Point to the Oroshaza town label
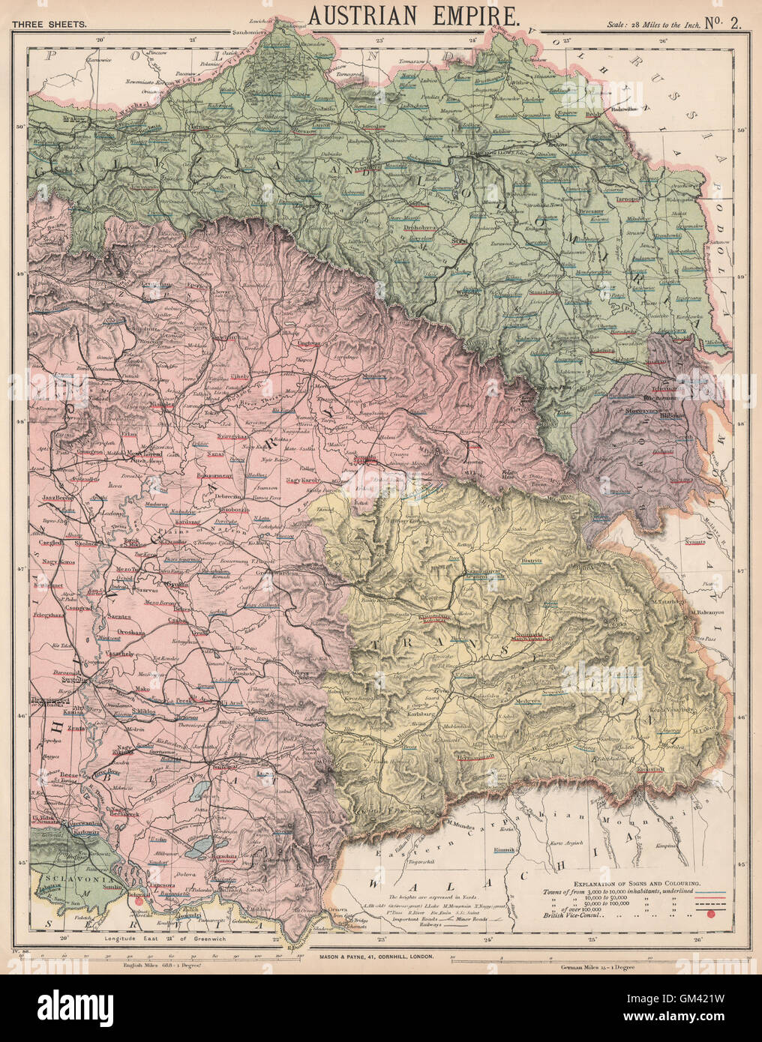135,632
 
